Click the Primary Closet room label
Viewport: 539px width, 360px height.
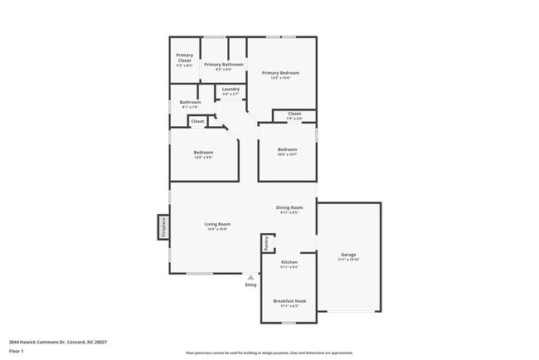[184, 57]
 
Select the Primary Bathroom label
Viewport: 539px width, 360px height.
[224, 64]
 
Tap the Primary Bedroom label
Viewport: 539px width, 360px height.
[280, 73]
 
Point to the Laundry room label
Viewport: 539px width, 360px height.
[231, 89]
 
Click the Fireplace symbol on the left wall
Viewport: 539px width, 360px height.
[163, 227]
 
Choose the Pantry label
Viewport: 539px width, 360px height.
[266, 242]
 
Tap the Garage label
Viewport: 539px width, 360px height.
[348, 254]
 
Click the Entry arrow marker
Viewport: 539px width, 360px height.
[250, 277]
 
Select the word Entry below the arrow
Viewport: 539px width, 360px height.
[250, 285]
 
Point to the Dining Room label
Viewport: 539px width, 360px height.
[289, 207]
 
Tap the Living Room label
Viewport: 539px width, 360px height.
[217, 224]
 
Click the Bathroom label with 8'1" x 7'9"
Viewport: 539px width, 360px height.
[190, 102]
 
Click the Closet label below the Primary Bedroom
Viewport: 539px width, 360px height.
[294, 114]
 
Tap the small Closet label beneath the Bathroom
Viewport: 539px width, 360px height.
[197, 121]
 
